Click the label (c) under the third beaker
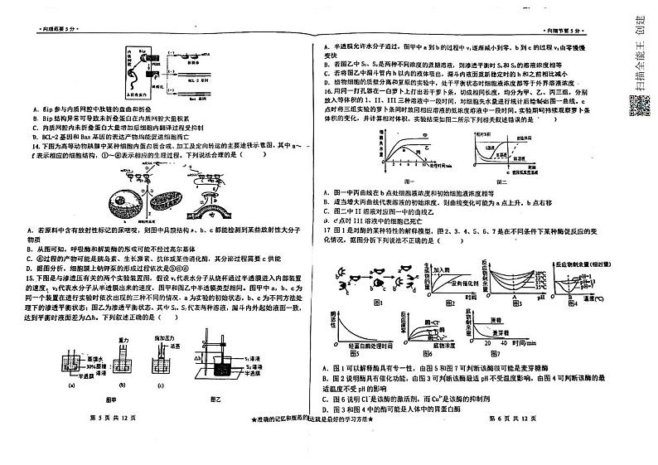pyautogui.click(x=172, y=384)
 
